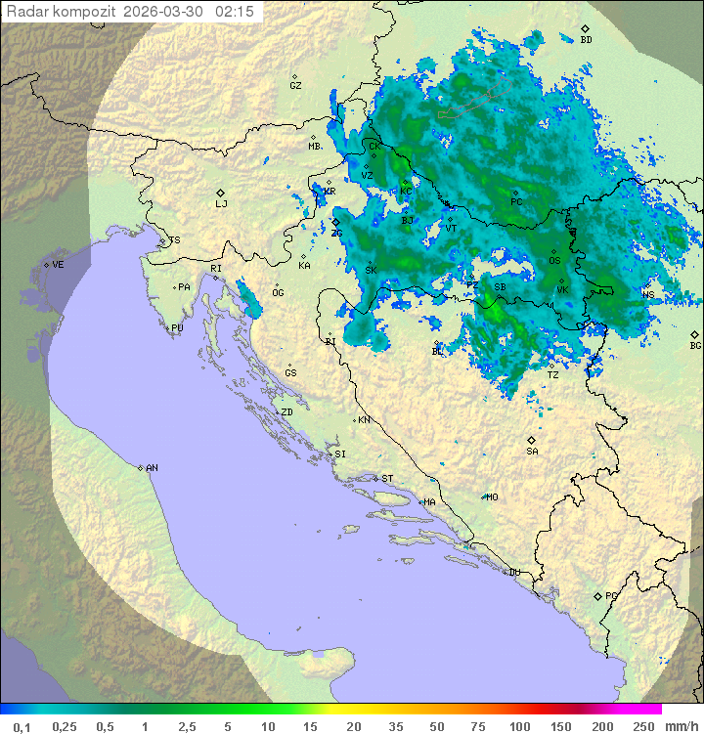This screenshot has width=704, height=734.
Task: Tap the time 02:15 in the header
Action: [x=235, y=11]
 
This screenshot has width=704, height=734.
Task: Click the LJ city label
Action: [x=221, y=204]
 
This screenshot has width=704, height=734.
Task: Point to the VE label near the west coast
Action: [x=58, y=265]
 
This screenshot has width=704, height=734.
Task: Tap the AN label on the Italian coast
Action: [x=152, y=468]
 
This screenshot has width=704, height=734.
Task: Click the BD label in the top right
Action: [x=586, y=40]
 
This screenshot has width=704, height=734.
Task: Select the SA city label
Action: [x=532, y=452]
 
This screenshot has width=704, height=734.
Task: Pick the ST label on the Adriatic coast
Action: [x=387, y=479]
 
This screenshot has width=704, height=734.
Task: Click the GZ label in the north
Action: [x=295, y=86]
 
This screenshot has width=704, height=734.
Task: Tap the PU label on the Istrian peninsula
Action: [x=177, y=328]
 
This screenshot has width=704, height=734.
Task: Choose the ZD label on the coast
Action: [x=286, y=412]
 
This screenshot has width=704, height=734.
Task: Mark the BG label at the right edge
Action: [x=695, y=345]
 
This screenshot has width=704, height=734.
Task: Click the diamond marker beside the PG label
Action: [x=597, y=595]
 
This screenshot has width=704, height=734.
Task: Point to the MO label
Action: [x=492, y=497]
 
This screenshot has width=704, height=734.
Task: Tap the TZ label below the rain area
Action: [x=552, y=375]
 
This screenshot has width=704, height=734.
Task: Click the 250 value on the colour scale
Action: [x=643, y=726]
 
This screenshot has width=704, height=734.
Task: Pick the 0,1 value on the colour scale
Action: [x=22, y=726]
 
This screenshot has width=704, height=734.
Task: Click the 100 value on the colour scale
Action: [x=519, y=726]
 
